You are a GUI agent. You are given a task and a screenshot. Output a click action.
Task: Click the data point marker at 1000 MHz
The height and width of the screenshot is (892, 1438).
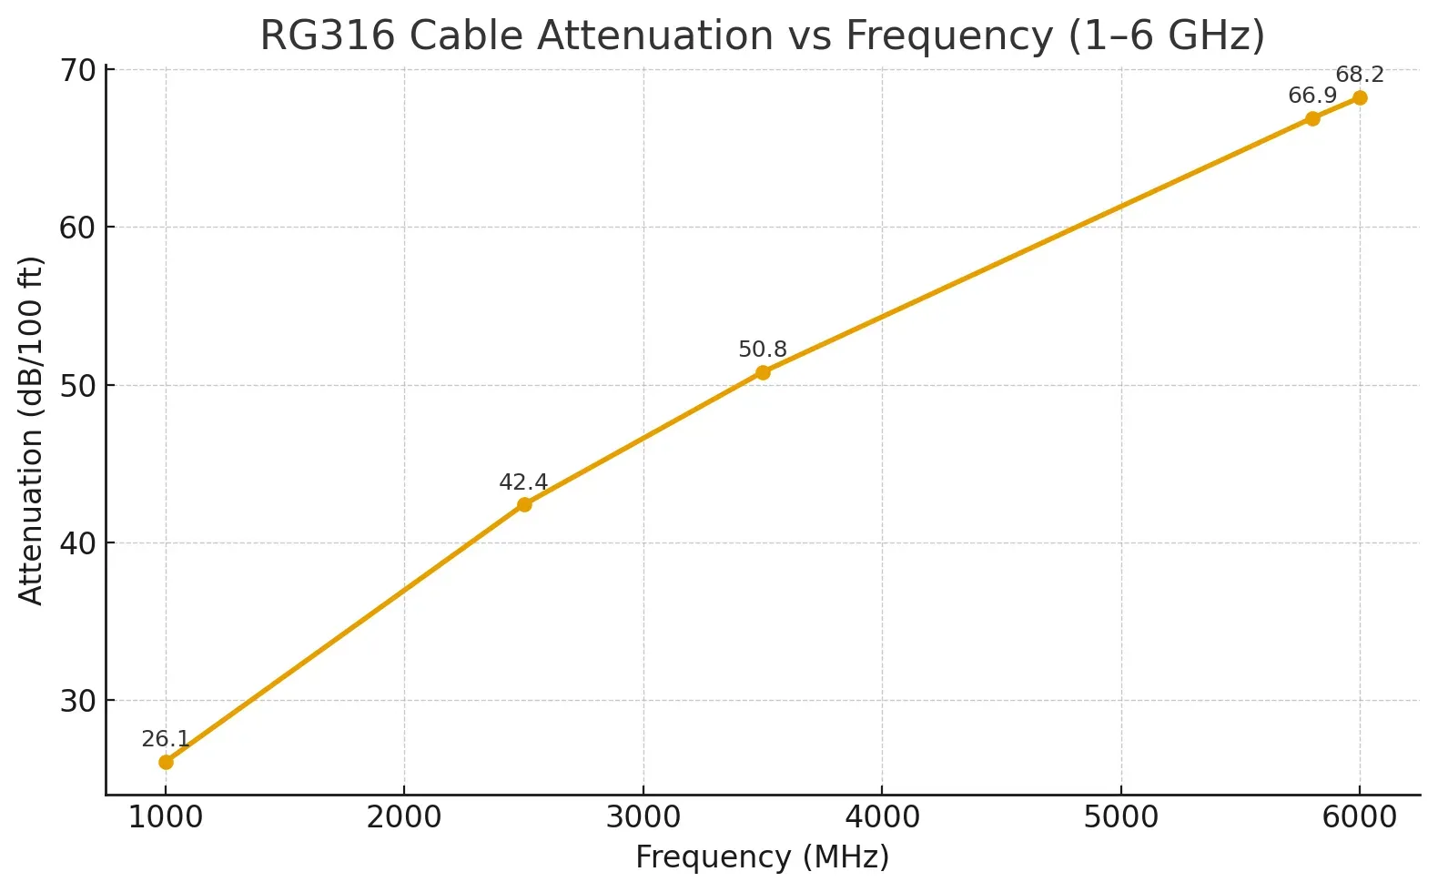point(166,762)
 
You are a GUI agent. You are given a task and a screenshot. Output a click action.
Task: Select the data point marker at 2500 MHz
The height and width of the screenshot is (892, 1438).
point(524,504)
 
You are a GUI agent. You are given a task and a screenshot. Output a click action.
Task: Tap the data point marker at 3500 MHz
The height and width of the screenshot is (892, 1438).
point(763,372)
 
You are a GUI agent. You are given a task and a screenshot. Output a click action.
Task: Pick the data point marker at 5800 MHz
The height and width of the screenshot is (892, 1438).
point(1312,118)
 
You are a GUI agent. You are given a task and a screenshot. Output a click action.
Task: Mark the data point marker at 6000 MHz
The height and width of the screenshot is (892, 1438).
point(1360,98)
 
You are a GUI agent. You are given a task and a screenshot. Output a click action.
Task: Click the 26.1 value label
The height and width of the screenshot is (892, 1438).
point(166,739)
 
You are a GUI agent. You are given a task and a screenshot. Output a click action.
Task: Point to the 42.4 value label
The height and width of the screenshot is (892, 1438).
point(523,482)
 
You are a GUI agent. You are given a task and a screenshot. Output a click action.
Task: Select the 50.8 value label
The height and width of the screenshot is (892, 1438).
point(763,350)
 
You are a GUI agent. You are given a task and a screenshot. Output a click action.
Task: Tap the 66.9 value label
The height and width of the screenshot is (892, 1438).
point(1312,96)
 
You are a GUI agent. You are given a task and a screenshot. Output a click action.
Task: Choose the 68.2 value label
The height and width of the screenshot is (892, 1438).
point(1360,75)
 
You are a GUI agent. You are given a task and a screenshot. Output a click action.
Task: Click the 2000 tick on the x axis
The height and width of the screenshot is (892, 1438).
point(404,817)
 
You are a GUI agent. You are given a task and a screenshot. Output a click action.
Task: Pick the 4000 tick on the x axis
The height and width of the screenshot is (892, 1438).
point(882,817)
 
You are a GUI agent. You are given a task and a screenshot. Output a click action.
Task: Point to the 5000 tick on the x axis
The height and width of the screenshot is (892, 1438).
point(1121,817)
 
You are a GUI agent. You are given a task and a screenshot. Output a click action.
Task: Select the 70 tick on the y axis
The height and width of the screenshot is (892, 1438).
point(77,70)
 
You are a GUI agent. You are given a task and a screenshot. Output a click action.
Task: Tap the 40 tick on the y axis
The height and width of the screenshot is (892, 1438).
point(77,543)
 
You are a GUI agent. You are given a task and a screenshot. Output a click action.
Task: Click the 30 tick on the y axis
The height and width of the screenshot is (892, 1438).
point(77,701)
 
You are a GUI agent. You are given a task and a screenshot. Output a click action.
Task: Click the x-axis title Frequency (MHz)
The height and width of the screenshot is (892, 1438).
point(763,857)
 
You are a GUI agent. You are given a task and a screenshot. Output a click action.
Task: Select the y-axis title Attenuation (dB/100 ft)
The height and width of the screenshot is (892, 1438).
point(31,431)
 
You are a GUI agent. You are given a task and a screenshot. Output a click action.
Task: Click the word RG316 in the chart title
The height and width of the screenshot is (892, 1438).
point(328,36)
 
